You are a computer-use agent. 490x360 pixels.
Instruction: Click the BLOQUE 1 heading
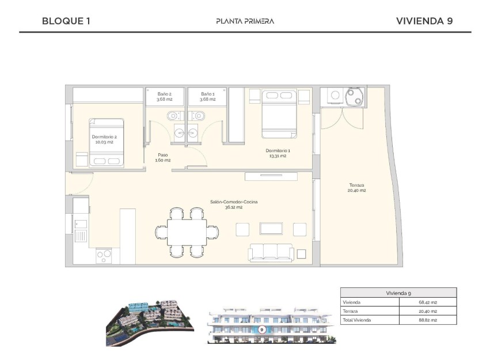point(66,21)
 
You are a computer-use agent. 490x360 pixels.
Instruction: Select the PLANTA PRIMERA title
point(245,21)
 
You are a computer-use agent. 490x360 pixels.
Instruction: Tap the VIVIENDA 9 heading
point(424,21)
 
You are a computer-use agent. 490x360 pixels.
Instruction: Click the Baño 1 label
point(208,96)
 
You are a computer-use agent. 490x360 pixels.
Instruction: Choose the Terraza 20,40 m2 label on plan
point(357,188)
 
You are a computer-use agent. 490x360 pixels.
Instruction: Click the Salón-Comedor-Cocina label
point(234,204)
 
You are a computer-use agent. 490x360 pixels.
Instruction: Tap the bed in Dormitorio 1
point(280,114)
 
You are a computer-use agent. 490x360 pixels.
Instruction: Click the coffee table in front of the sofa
point(271,229)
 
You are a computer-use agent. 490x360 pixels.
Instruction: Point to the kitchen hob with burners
point(104,254)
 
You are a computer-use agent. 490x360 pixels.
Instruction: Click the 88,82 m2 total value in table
point(427,320)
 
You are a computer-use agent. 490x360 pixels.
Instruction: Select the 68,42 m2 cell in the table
point(427,302)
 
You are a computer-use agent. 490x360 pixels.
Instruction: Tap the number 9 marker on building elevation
point(262,330)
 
